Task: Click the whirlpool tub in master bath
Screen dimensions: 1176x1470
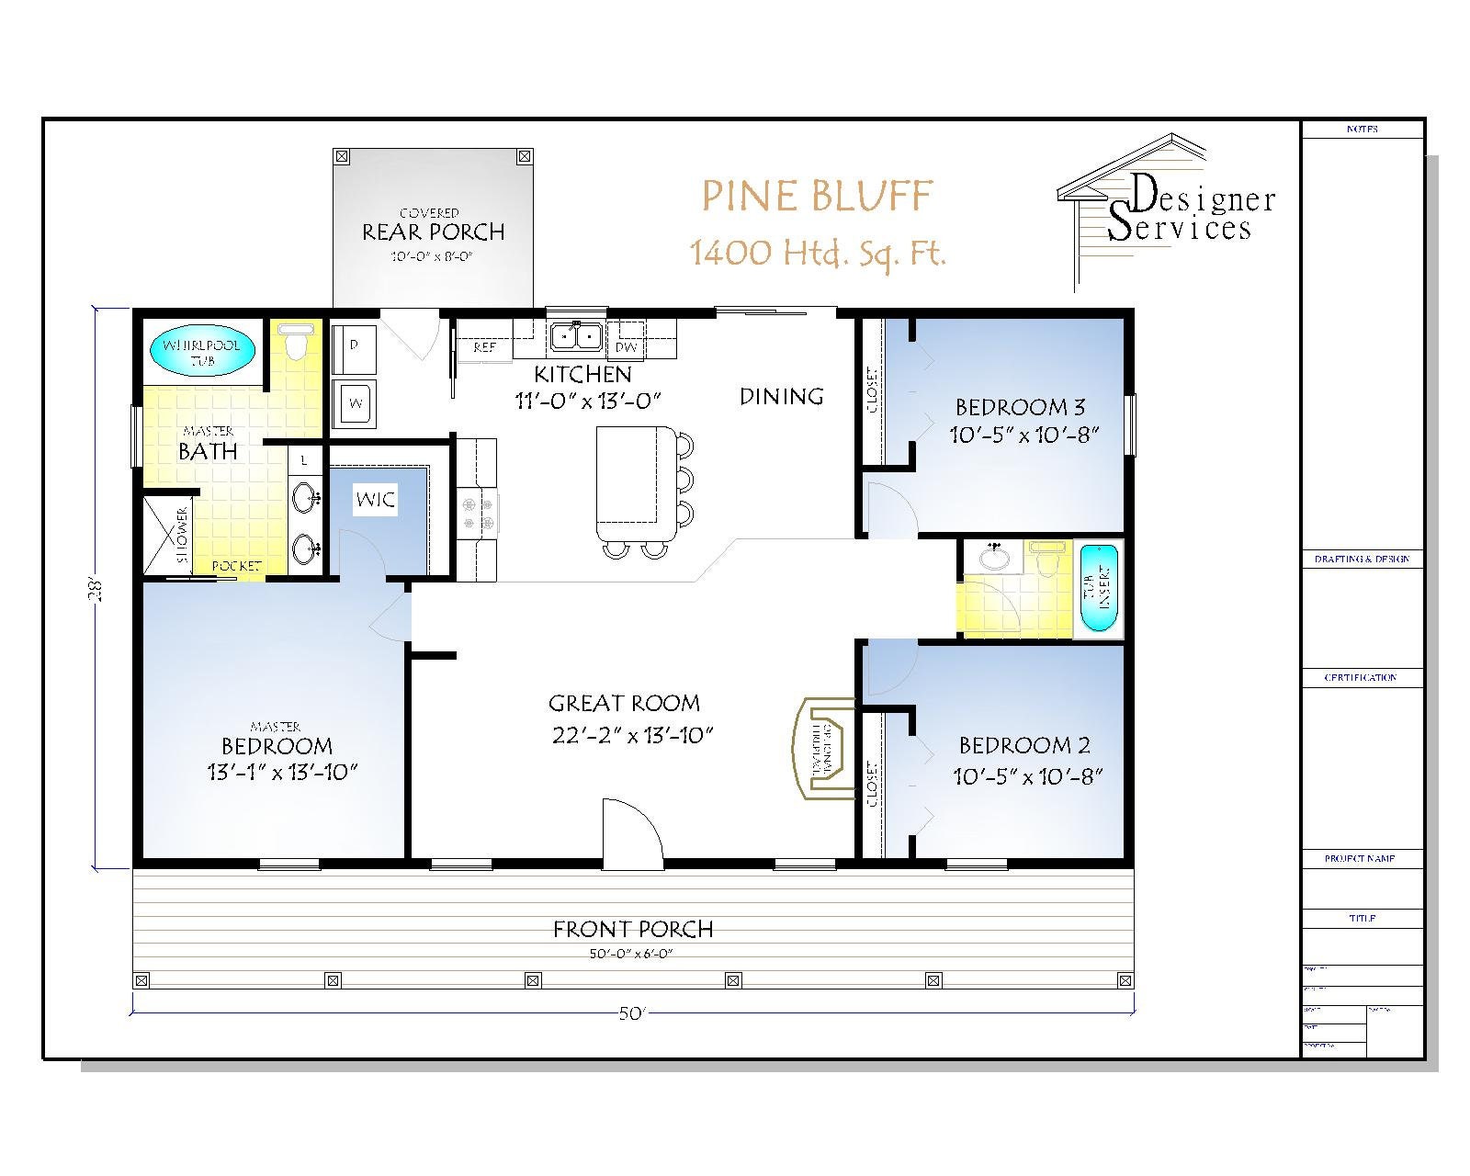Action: click(x=201, y=352)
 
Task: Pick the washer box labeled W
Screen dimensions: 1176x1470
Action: click(x=354, y=403)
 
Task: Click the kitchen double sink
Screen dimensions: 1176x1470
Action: click(x=576, y=338)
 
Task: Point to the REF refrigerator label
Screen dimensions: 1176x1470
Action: click(x=484, y=348)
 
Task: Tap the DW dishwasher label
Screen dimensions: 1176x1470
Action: click(x=626, y=348)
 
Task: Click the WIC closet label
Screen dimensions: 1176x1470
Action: click(x=375, y=500)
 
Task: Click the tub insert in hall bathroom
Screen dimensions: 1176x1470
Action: click(x=1097, y=588)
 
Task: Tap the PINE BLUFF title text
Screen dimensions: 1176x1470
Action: click(x=817, y=196)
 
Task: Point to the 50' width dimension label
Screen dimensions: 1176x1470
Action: click(x=632, y=1013)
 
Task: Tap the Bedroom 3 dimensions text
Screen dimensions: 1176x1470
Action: click(x=1024, y=435)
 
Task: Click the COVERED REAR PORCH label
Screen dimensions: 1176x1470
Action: click(x=433, y=226)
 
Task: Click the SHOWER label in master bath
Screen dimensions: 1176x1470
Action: click(x=181, y=536)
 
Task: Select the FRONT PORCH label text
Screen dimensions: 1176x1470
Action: click(x=632, y=930)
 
